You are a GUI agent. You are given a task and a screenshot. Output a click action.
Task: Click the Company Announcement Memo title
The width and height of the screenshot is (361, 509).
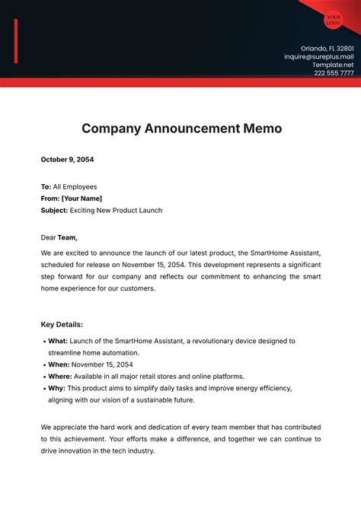point(181,128)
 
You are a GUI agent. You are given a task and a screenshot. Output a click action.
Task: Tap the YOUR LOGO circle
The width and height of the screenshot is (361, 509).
point(333,20)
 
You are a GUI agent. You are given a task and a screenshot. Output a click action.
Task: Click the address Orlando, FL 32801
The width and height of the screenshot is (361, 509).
point(327,47)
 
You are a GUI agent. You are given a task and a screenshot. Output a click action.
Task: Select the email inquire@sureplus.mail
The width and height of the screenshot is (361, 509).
point(318,56)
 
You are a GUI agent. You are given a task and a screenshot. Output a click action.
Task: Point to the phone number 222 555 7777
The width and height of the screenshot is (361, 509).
point(334,73)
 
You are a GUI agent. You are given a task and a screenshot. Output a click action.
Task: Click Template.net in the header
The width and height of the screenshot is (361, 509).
point(333,65)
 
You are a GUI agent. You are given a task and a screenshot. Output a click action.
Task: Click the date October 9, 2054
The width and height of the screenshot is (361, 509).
point(67,160)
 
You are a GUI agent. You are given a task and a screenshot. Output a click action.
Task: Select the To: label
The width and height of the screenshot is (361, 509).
point(46,186)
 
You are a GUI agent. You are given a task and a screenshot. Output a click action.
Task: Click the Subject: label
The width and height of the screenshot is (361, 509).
point(54,210)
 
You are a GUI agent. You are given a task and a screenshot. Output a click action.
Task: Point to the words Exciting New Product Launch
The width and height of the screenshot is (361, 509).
point(116,210)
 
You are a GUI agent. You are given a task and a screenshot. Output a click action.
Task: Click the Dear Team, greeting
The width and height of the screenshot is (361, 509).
point(59,237)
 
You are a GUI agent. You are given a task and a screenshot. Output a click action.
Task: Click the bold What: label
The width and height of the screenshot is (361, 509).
point(59,341)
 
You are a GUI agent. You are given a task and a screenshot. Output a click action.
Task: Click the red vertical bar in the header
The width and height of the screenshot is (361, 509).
point(16,42)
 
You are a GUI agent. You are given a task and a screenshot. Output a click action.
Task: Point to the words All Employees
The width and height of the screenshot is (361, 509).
point(75,186)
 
